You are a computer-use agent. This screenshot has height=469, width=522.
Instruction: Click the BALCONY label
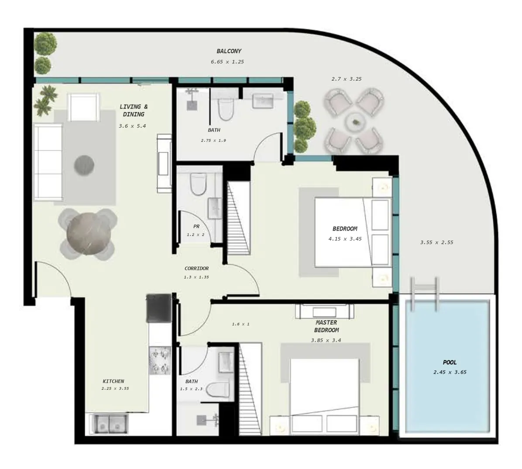coord(229,51)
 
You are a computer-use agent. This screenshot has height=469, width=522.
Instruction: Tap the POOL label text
coord(450,362)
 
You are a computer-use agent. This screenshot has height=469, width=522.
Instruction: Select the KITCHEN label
coord(113,381)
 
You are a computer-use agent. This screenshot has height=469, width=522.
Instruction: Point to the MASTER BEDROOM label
coord(326,326)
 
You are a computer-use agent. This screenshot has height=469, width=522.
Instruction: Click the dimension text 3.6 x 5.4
coord(132,126)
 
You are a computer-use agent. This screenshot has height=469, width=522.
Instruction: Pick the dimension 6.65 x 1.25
coord(227,62)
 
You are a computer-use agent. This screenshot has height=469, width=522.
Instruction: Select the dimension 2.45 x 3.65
coord(450,372)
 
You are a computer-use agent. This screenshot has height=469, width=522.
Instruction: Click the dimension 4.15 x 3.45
coord(345,239)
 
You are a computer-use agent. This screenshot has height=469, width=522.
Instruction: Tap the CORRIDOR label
coord(196,268)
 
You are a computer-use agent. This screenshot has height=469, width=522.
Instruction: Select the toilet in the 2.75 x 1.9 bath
coord(226,109)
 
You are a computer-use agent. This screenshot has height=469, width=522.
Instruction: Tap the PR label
coord(196,227)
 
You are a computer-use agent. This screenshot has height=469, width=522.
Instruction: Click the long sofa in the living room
coord(48,162)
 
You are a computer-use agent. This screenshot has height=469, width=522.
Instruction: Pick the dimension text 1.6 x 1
coord(240,324)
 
